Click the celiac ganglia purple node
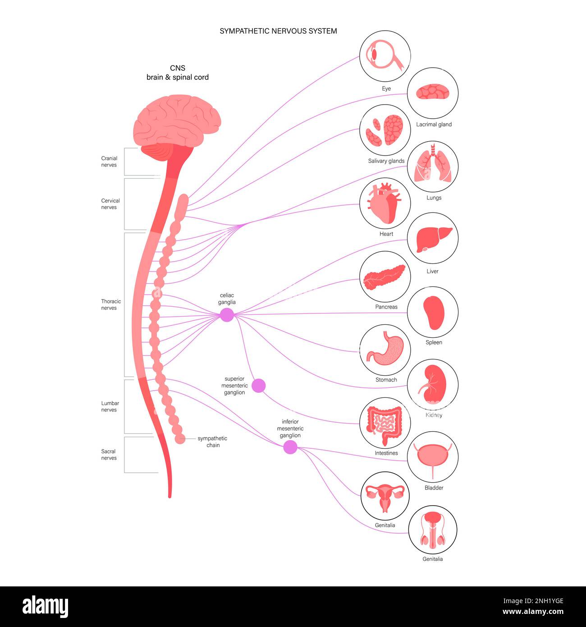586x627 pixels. pyautogui.click(x=227, y=314)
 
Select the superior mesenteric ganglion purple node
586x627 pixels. pyautogui.click(x=258, y=386)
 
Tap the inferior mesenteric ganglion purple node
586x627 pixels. pyautogui.click(x=290, y=447)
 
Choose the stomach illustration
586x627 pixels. pyautogui.click(x=385, y=350)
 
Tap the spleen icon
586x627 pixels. pyautogui.click(x=433, y=313)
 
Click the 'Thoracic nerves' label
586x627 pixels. pyautogui.click(x=110, y=304)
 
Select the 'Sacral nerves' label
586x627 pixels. pyautogui.click(x=109, y=454)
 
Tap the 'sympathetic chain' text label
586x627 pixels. pyautogui.click(x=212, y=442)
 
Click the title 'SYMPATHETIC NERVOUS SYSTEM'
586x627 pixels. pyautogui.click(x=278, y=31)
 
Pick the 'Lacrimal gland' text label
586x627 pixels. pyautogui.click(x=434, y=124)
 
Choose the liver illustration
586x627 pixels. pyautogui.click(x=433, y=239)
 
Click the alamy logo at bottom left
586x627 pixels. pyautogui.click(x=45, y=607)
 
